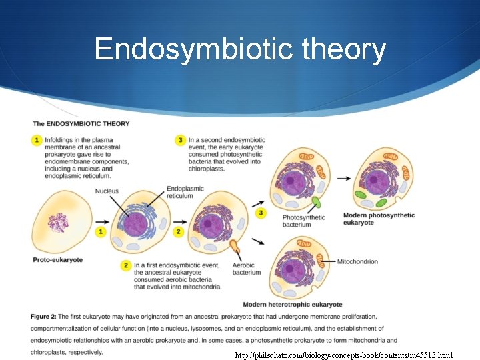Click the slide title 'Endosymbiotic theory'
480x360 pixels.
[x=240, y=49]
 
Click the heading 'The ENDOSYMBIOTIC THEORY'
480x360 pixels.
[x=81, y=123]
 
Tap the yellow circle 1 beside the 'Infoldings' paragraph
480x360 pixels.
[x=37, y=141]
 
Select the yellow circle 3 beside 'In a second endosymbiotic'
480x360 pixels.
[x=180, y=141]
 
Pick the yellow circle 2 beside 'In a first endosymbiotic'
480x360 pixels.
[x=126, y=265]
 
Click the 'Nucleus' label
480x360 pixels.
[x=107, y=191]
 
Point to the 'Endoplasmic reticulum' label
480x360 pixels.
[x=185, y=192]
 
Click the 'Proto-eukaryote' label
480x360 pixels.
[x=58, y=259]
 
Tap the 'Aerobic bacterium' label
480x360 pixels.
[x=246, y=269]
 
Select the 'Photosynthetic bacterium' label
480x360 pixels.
[x=303, y=221]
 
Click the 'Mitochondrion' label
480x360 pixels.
[x=357, y=261]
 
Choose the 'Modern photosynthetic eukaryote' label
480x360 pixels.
[x=379, y=219]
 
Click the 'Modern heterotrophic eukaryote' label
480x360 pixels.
[x=293, y=304]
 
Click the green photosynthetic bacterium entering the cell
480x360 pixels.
[x=315, y=202]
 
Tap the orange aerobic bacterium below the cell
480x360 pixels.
[x=235, y=249]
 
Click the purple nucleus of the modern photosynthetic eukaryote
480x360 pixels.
[x=377, y=181]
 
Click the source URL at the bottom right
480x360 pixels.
[x=344, y=355]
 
